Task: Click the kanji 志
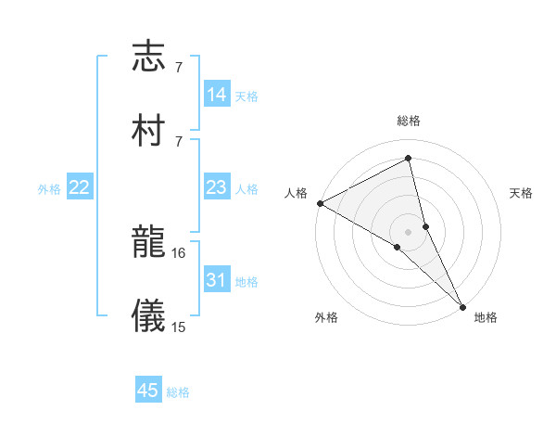(x=148, y=58)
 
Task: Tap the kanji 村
(x=148, y=129)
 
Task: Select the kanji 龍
(x=148, y=243)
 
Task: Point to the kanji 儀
(x=148, y=314)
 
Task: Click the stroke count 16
(x=179, y=252)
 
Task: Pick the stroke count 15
(x=179, y=327)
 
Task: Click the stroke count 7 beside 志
(x=178, y=68)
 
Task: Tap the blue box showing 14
(x=217, y=95)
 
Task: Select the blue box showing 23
(x=217, y=187)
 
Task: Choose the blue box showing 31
(x=217, y=280)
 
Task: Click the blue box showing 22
(x=80, y=187)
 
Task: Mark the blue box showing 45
(x=148, y=391)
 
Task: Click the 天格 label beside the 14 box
(x=246, y=96)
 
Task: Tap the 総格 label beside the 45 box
(x=178, y=392)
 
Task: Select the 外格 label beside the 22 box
(x=49, y=189)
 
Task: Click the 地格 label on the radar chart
(x=486, y=317)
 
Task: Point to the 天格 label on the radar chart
(x=521, y=193)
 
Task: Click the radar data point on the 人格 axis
(x=320, y=203)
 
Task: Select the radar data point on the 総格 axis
(x=409, y=158)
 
